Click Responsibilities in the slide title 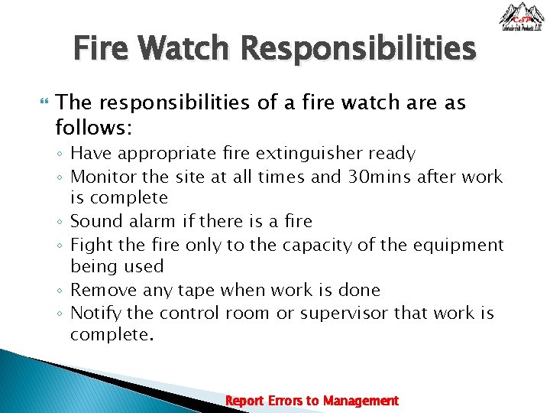[x=357, y=50]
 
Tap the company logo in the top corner [x=522, y=18]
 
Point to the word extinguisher [x=308, y=153]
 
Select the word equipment [x=461, y=245]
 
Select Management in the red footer [x=361, y=401]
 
